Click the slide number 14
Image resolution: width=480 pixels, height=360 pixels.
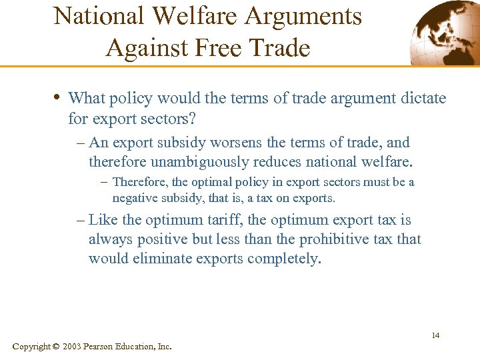click(x=435, y=335)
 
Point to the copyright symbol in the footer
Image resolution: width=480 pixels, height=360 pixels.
click(x=55, y=347)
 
